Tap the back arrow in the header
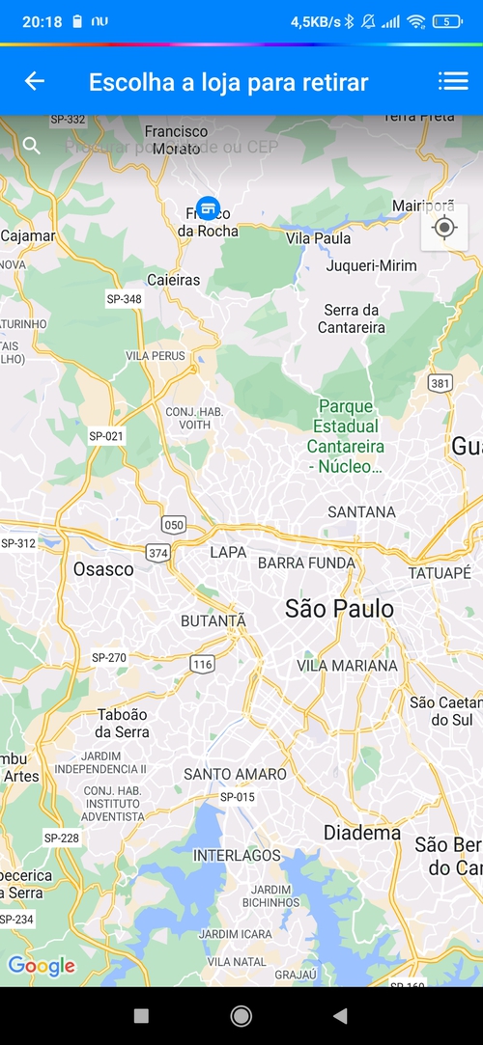click(35, 81)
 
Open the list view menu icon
click(452, 81)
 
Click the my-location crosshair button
click(444, 228)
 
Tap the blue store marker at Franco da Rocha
click(207, 207)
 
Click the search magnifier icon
click(32, 146)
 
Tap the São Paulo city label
click(339, 608)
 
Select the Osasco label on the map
click(103, 569)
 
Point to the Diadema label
click(362, 832)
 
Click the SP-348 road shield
click(124, 299)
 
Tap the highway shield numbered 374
click(157, 552)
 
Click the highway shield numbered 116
click(202, 664)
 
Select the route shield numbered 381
click(440, 383)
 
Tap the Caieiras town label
click(174, 280)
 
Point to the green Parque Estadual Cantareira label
click(346, 437)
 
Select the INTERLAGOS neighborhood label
click(237, 855)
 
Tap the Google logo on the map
click(42, 966)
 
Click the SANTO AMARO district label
click(235, 774)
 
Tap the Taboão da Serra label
click(123, 723)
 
